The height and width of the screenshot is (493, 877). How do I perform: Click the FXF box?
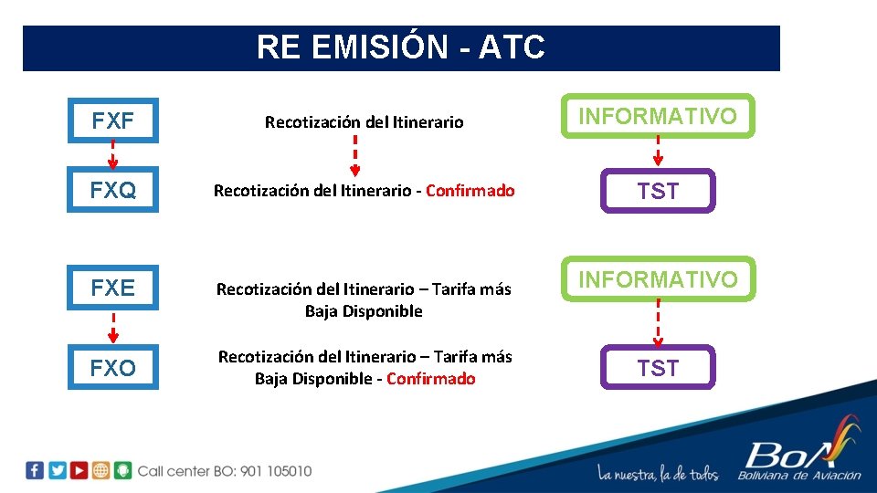113,121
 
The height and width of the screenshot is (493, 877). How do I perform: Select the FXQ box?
113,190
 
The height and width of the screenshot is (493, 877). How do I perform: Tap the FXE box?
113,288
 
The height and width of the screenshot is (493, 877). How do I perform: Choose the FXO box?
113,367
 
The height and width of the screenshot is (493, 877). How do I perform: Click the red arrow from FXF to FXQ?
113,155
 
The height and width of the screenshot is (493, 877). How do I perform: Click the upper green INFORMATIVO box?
658,116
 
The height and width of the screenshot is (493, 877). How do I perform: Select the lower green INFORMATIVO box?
658,278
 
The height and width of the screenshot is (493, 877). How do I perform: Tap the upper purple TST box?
658,191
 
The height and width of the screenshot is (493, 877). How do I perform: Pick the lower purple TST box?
658,367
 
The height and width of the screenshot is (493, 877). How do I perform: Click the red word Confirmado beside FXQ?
470,191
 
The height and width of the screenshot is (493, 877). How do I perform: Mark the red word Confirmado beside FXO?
431,379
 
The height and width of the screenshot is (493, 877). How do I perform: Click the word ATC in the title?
512,47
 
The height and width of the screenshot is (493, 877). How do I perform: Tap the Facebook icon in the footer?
35,471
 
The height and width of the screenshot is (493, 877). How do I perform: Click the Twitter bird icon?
57,471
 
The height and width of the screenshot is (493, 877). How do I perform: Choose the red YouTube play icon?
79,471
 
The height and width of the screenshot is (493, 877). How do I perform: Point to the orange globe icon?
100,471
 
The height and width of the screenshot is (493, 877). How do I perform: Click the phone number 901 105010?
276,471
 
